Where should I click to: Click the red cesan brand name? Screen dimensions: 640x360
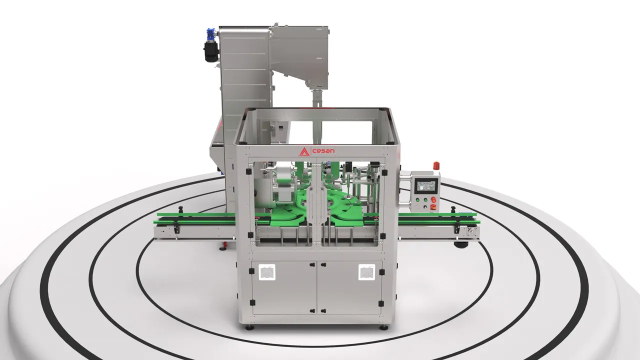point(323,151)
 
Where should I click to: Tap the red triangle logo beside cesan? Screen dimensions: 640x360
point(304,151)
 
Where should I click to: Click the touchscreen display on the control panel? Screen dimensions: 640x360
point(426,185)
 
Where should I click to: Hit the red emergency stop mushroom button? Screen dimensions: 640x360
point(433,199)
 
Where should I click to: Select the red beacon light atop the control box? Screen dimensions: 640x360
point(436,165)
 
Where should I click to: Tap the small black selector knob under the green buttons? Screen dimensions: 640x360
point(425,207)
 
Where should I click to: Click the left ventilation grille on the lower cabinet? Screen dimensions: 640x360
point(267,272)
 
